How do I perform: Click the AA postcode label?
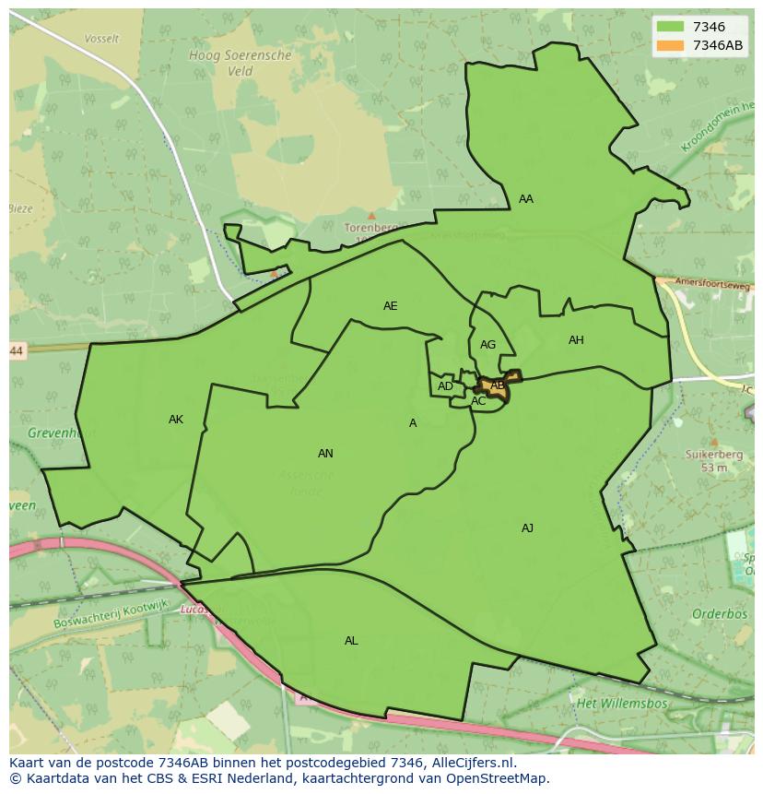point(526,199)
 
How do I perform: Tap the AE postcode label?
point(391,306)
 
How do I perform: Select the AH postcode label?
point(576,340)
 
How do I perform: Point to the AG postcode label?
point(488,345)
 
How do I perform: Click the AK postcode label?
point(176,420)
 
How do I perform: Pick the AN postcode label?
point(325,454)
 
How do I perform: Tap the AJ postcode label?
point(527,528)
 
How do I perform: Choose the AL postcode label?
point(351,641)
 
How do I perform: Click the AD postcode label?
point(445,386)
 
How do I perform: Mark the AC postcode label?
point(478,401)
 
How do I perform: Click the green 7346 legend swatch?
point(670,28)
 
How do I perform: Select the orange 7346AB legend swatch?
point(670,45)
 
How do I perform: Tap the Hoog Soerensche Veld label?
point(240,63)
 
